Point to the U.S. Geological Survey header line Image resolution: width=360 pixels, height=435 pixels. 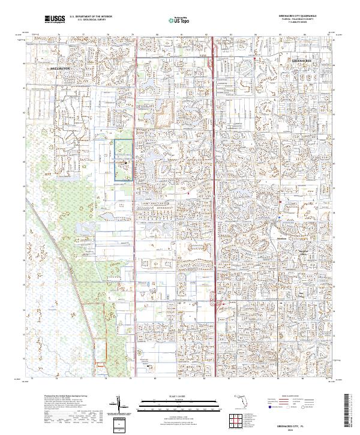(x=95, y=21)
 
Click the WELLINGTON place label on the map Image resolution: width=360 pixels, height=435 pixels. (x=60, y=68)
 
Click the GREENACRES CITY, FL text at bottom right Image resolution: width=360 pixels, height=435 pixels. (x=302, y=424)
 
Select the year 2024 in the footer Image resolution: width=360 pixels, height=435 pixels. (x=302, y=428)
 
